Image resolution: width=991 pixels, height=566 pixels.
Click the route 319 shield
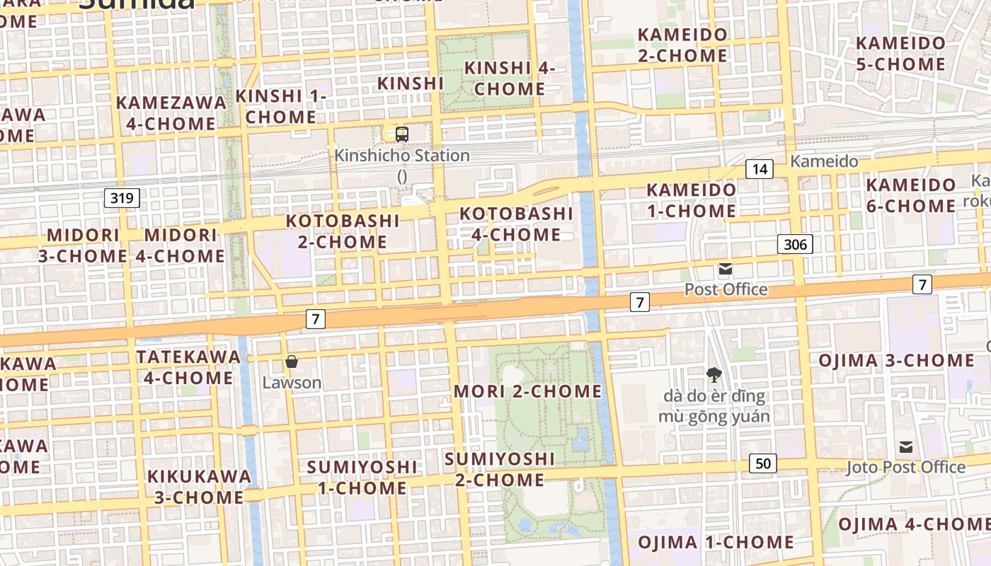point(122,198)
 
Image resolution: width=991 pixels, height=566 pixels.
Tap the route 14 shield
point(760,169)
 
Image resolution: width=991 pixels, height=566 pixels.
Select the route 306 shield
point(795,245)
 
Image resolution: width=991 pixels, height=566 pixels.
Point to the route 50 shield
point(762,464)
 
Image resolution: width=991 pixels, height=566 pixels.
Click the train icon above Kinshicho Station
point(402,134)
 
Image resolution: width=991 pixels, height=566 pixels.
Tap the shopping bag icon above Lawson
point(292,362)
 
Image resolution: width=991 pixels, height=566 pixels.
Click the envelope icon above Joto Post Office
point(906,447)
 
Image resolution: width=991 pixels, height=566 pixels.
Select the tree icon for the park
point(714,375)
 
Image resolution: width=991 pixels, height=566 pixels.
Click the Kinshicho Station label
point(402,156)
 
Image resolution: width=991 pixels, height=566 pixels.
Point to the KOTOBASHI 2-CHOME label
point(343,231)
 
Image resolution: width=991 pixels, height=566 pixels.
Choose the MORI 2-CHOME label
point(527,391)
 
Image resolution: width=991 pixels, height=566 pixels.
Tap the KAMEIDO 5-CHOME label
point(900,53)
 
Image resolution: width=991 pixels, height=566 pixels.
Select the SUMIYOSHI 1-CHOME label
point(362,478)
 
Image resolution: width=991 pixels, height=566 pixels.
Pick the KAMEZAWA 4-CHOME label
point(171,113)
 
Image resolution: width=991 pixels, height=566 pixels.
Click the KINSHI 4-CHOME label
point(509,79)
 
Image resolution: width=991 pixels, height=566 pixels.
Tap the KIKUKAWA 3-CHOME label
point(199,486)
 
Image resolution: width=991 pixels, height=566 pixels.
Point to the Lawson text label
point(292,383)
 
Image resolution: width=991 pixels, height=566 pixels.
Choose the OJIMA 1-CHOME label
point(716,543)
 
